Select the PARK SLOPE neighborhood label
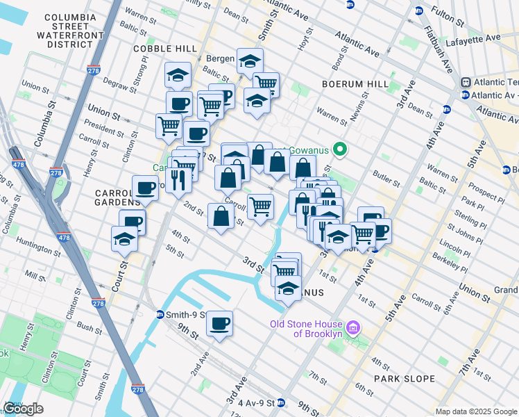404,379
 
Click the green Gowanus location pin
340,149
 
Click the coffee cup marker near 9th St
220,323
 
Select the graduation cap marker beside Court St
125,238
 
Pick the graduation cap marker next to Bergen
250,61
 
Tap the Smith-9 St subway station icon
160,314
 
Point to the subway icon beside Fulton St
418,11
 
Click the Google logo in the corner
23,409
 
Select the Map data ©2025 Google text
476,411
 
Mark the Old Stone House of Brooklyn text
307,329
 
